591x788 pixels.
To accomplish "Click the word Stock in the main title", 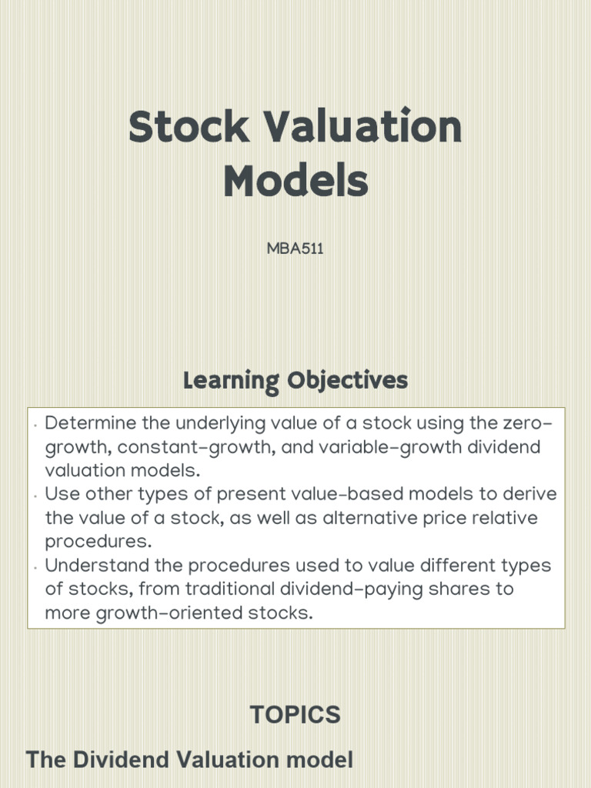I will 189,128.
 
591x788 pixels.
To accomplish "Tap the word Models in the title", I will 295,182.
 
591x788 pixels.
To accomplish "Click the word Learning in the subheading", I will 231,381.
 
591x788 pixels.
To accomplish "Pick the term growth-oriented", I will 172,613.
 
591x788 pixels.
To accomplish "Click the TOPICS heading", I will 295,715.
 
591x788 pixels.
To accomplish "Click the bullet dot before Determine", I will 36,426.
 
